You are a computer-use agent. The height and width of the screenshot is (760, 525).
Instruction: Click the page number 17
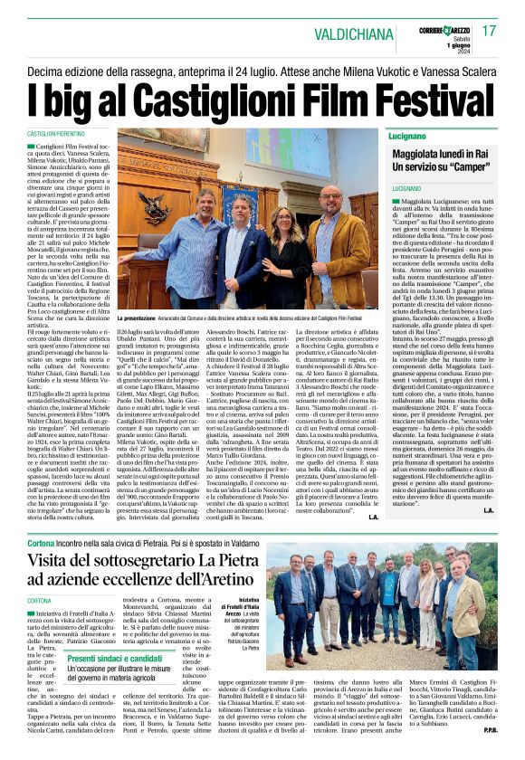coord(490,31)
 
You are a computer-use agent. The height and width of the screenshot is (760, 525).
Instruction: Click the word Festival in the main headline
coord(410,93)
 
